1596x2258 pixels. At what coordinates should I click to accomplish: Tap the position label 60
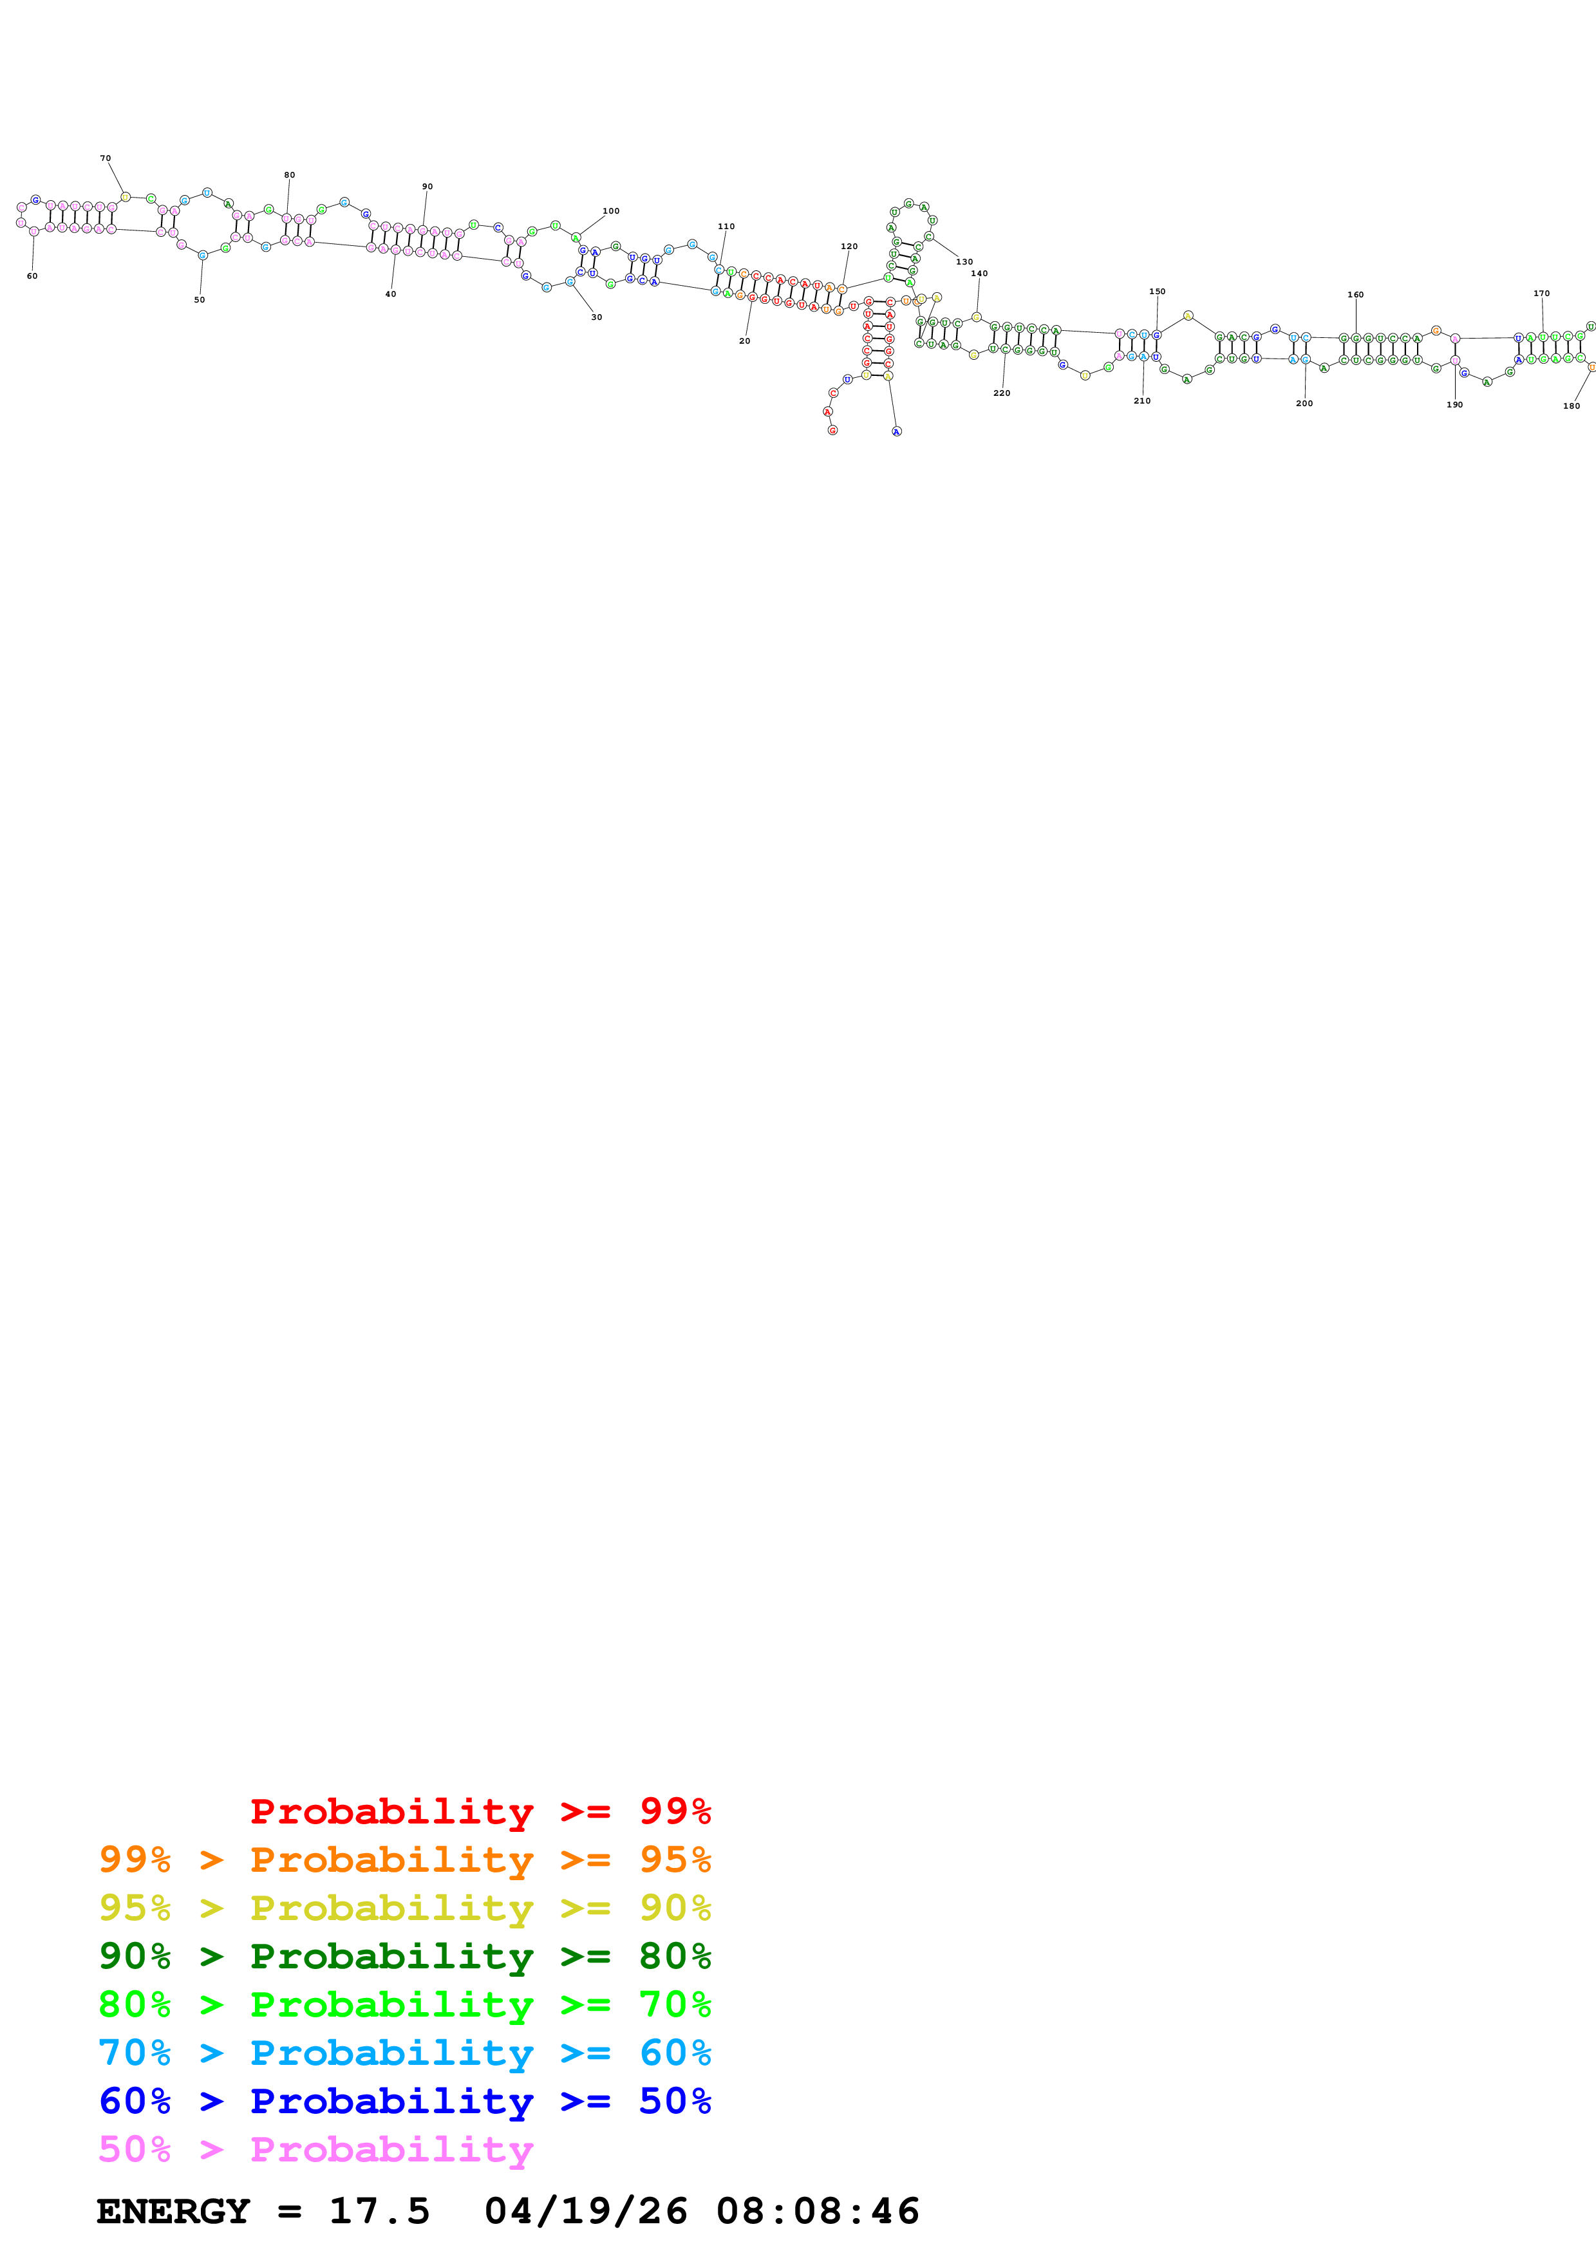(x=32, y=276)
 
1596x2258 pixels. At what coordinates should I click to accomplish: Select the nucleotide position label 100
(x=611, y=211)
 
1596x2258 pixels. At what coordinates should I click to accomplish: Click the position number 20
(x=744, y=341)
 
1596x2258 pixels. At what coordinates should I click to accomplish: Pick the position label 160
(x=1355, y=295)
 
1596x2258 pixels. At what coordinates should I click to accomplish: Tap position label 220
(x=1001, y=393)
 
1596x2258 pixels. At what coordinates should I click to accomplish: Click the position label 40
(x=390, y=294)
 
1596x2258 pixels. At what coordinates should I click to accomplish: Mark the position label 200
(x=1304, y=403)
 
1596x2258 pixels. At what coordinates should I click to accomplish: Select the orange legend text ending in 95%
(x=404, y=1860)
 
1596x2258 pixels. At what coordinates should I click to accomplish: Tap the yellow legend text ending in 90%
(x=404, y=1908)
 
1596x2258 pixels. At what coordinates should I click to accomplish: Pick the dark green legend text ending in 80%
(x=404, y=1956)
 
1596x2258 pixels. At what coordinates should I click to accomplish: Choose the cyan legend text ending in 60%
(x=404, y=2053)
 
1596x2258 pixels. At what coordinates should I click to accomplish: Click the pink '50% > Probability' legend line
(x=315, y=2149)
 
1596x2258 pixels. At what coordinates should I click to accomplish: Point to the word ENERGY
(x=173, y=2212)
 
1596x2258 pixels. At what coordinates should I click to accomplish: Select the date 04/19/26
(x=585, y=2212)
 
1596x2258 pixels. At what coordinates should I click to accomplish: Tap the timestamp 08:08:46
(x=817, y=2212)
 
